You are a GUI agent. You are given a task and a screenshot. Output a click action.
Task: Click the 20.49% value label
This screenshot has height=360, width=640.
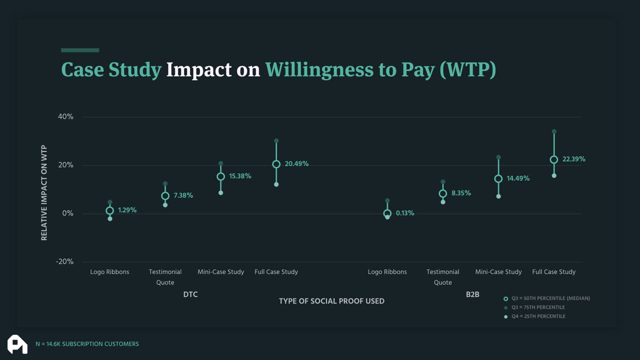[297, 164]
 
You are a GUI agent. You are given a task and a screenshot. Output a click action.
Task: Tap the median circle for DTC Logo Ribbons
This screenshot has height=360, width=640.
[110, 211]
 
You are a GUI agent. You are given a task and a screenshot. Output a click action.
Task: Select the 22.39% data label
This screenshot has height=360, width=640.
[573, 159]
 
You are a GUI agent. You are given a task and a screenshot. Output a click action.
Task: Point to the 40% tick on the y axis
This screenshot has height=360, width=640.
[66, 117]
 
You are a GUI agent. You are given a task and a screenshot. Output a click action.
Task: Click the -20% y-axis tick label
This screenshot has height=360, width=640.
[65, 262]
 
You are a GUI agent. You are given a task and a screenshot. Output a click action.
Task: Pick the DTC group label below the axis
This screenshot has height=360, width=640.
[190, 294]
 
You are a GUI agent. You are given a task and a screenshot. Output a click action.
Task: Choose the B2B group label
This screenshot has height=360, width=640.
[473, 294]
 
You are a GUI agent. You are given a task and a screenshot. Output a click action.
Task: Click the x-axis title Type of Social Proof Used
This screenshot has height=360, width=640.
[331, 301]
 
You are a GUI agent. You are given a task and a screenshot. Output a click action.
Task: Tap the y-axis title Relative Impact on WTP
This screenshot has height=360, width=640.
[44, 192]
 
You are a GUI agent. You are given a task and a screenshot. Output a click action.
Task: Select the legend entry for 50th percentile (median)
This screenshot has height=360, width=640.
[550, 299]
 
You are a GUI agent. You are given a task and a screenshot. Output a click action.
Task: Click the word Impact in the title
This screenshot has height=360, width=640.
[199, 70]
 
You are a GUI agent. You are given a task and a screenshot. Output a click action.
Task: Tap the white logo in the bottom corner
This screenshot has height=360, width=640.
[17, 344]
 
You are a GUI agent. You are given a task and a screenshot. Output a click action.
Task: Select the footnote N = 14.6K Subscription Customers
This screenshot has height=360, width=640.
[87, 344]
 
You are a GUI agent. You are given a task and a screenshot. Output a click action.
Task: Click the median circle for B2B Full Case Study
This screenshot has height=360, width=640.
[554, 159]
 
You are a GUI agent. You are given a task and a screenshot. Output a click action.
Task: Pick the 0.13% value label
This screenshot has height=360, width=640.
[405, 213]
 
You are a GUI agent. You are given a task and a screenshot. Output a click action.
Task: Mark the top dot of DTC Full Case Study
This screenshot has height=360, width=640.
[276, 141]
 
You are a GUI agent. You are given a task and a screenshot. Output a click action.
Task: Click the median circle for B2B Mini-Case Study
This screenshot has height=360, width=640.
[498, 179]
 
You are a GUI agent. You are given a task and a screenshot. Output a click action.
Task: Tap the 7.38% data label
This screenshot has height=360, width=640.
[183, 196]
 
